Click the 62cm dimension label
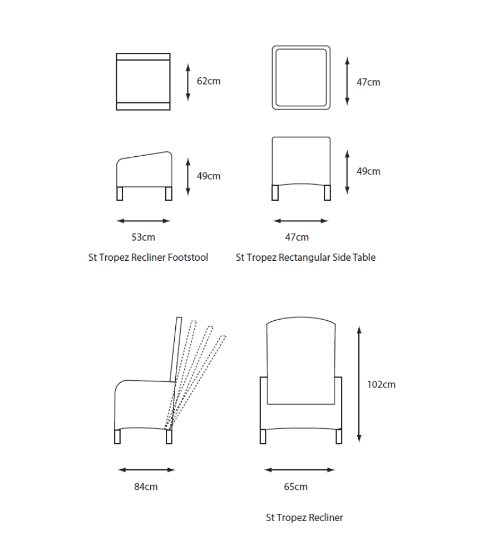click(209, 81)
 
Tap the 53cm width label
click(143, 237)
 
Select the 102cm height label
click(381, 384)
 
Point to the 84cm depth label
click(146, 487)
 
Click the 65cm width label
click(295, 487)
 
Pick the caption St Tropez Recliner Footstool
click(148, 257)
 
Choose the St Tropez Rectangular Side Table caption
click(305, 257)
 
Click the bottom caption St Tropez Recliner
click(304, 518)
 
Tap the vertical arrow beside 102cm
click(359, 384)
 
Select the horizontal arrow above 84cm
click(146, 470)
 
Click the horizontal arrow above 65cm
click(299, 470)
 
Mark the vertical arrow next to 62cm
click(188, 82)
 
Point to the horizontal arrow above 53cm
click(144, 221)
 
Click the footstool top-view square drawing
click(143, 82)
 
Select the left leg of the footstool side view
click(120, 193)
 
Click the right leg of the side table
click(328, 192)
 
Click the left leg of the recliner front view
click(263, 436)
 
